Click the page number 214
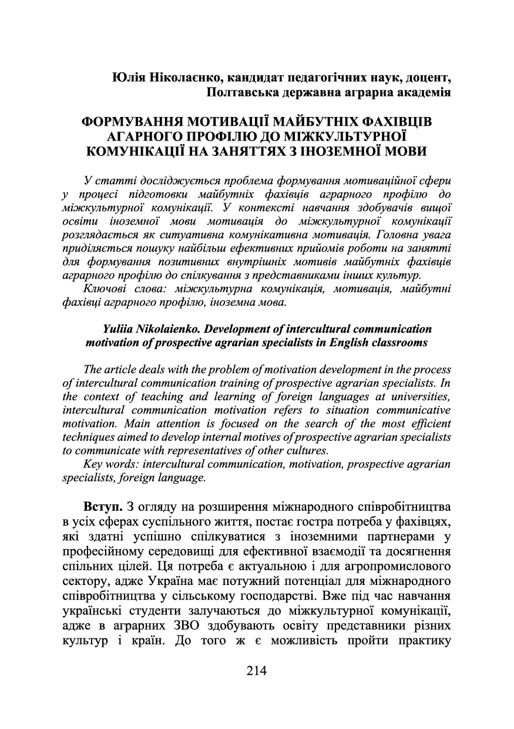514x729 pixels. pos(257,671)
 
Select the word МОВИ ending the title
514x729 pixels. pos(403,151)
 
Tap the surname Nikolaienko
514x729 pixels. pos(169,329)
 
